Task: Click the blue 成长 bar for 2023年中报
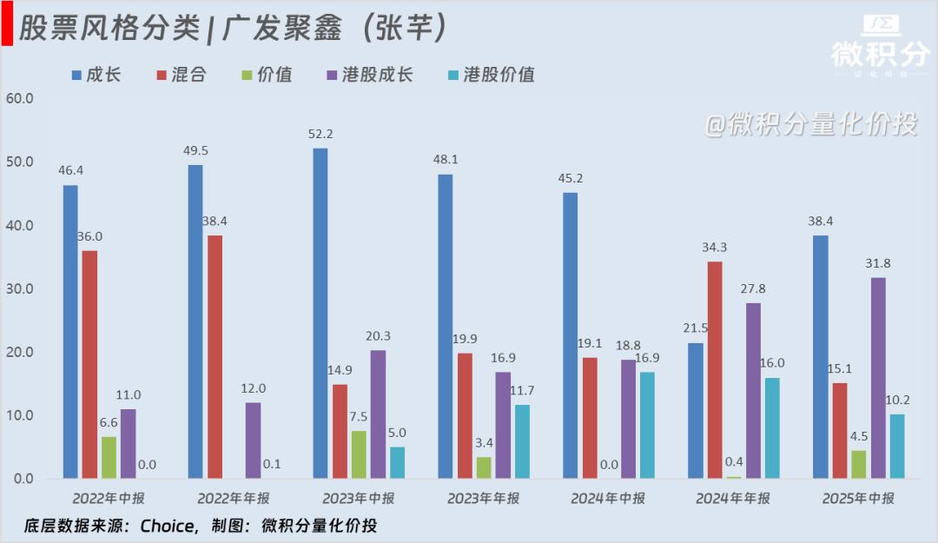tap(320, 313)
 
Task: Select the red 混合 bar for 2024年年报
tap(715, 369)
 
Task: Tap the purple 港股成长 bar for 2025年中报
tap(878, 377)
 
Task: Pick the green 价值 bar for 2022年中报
tap(109, 457)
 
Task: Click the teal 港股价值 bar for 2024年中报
tap(647, 425)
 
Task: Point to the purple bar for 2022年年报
tap(253, 440)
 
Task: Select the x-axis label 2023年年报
tap(483, 499)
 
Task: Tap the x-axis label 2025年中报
tap(858, 499)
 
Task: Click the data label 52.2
tap(320, 134)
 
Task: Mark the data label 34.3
tap(715, 248)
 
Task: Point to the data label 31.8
tap(878, 263)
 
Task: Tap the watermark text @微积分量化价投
tap(810, 124)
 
